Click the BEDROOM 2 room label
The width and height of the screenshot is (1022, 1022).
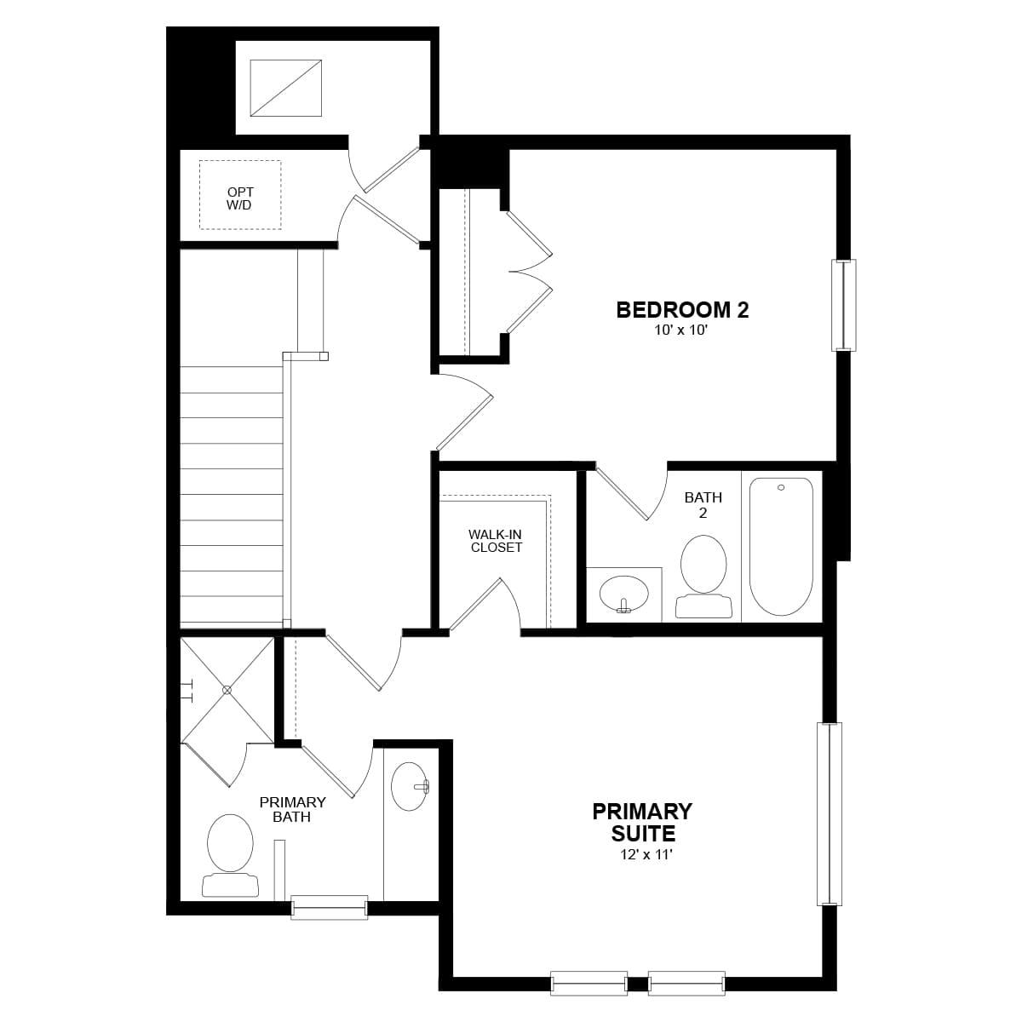point(682,309)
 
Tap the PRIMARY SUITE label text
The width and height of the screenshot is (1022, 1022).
point(642,822)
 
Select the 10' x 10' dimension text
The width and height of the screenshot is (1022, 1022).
point(681,330)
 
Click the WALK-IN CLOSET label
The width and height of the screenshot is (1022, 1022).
point(496,541)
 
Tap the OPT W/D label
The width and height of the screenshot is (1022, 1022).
point(240,198)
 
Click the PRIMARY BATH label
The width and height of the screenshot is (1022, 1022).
point(292,809)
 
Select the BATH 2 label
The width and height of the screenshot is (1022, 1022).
point(703,505)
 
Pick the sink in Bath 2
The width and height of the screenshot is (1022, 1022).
point(623,592)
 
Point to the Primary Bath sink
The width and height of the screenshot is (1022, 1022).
point(410,786)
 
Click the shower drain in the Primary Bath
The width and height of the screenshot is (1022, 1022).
point(227,690)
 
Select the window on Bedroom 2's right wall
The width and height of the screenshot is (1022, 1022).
point(843,305)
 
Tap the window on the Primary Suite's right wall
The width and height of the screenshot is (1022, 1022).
point(829,813)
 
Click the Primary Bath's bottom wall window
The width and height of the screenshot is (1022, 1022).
point(330,907)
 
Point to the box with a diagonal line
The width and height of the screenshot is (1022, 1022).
point(285,88)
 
